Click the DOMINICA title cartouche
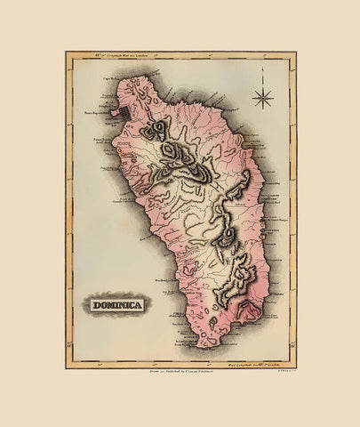click(118, 305)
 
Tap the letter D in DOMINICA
click(93, 305)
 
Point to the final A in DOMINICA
click(143, 305)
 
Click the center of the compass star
click(262, 94)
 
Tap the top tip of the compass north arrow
click(262, 79)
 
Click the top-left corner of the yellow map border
click(67, 52)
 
